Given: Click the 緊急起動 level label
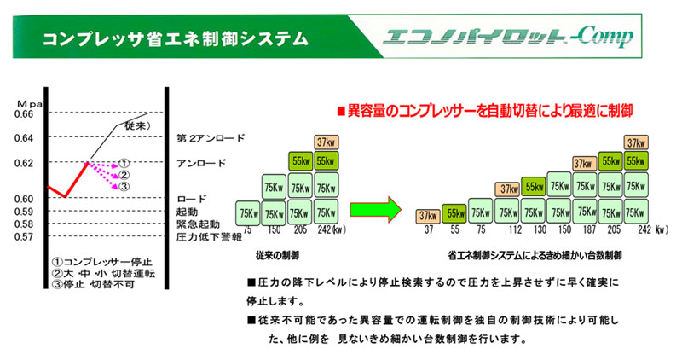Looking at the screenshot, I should pos(197,224).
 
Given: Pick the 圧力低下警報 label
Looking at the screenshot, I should pos(203,236).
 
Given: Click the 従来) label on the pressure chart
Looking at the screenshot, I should pos(137,126).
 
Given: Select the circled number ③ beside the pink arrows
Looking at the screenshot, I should pos(124,187).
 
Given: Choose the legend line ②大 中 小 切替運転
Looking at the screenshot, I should pos(95,273).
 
